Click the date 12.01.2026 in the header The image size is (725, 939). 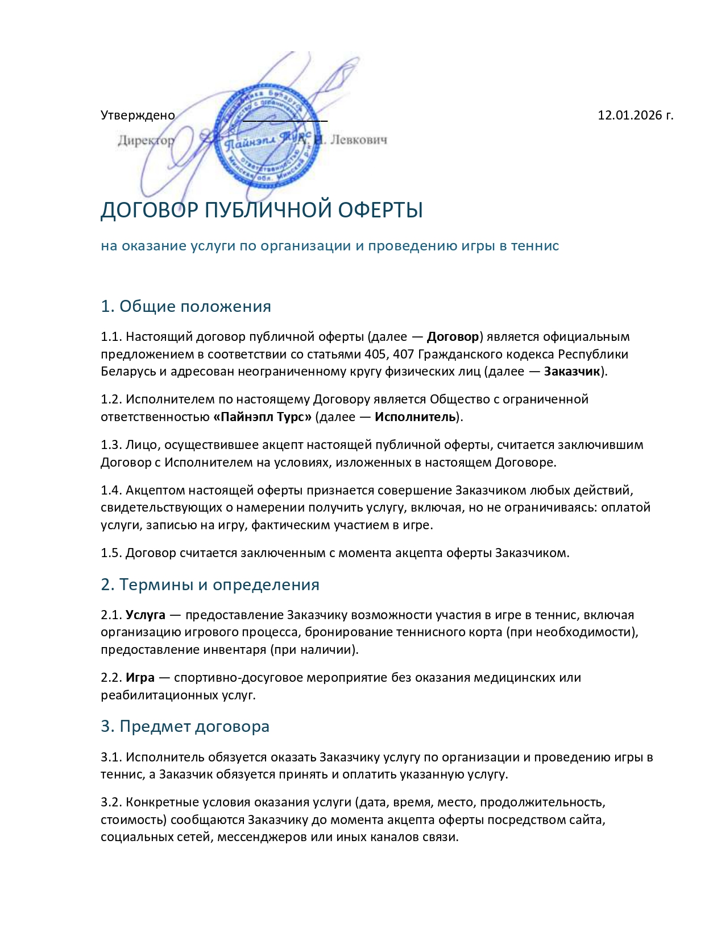(x=630, y=116)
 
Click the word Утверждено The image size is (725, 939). (x=138, y=116)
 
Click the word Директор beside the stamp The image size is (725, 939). (x=146, y=140)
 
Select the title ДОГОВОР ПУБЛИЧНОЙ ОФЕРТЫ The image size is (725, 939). (x=262, y=210)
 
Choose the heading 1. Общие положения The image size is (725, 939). (x=186, y=306)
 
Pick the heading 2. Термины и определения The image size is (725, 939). (x=210, y=584)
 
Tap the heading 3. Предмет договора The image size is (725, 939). (x=185, y=726)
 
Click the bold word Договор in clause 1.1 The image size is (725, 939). (x=453, y=337)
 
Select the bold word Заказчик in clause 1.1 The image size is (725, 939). (x=572, y=372)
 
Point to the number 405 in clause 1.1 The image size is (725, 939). (x=375, y=355)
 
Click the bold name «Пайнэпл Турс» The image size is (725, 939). (x=262, y=417)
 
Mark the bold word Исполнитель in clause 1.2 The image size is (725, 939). (x=415, y=417)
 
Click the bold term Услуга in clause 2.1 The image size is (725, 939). (x=146, y=615)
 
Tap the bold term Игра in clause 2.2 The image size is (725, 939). (x=140, y=678)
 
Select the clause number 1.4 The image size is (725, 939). (x=111, y=491)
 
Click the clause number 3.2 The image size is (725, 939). (x=111, y=802)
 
